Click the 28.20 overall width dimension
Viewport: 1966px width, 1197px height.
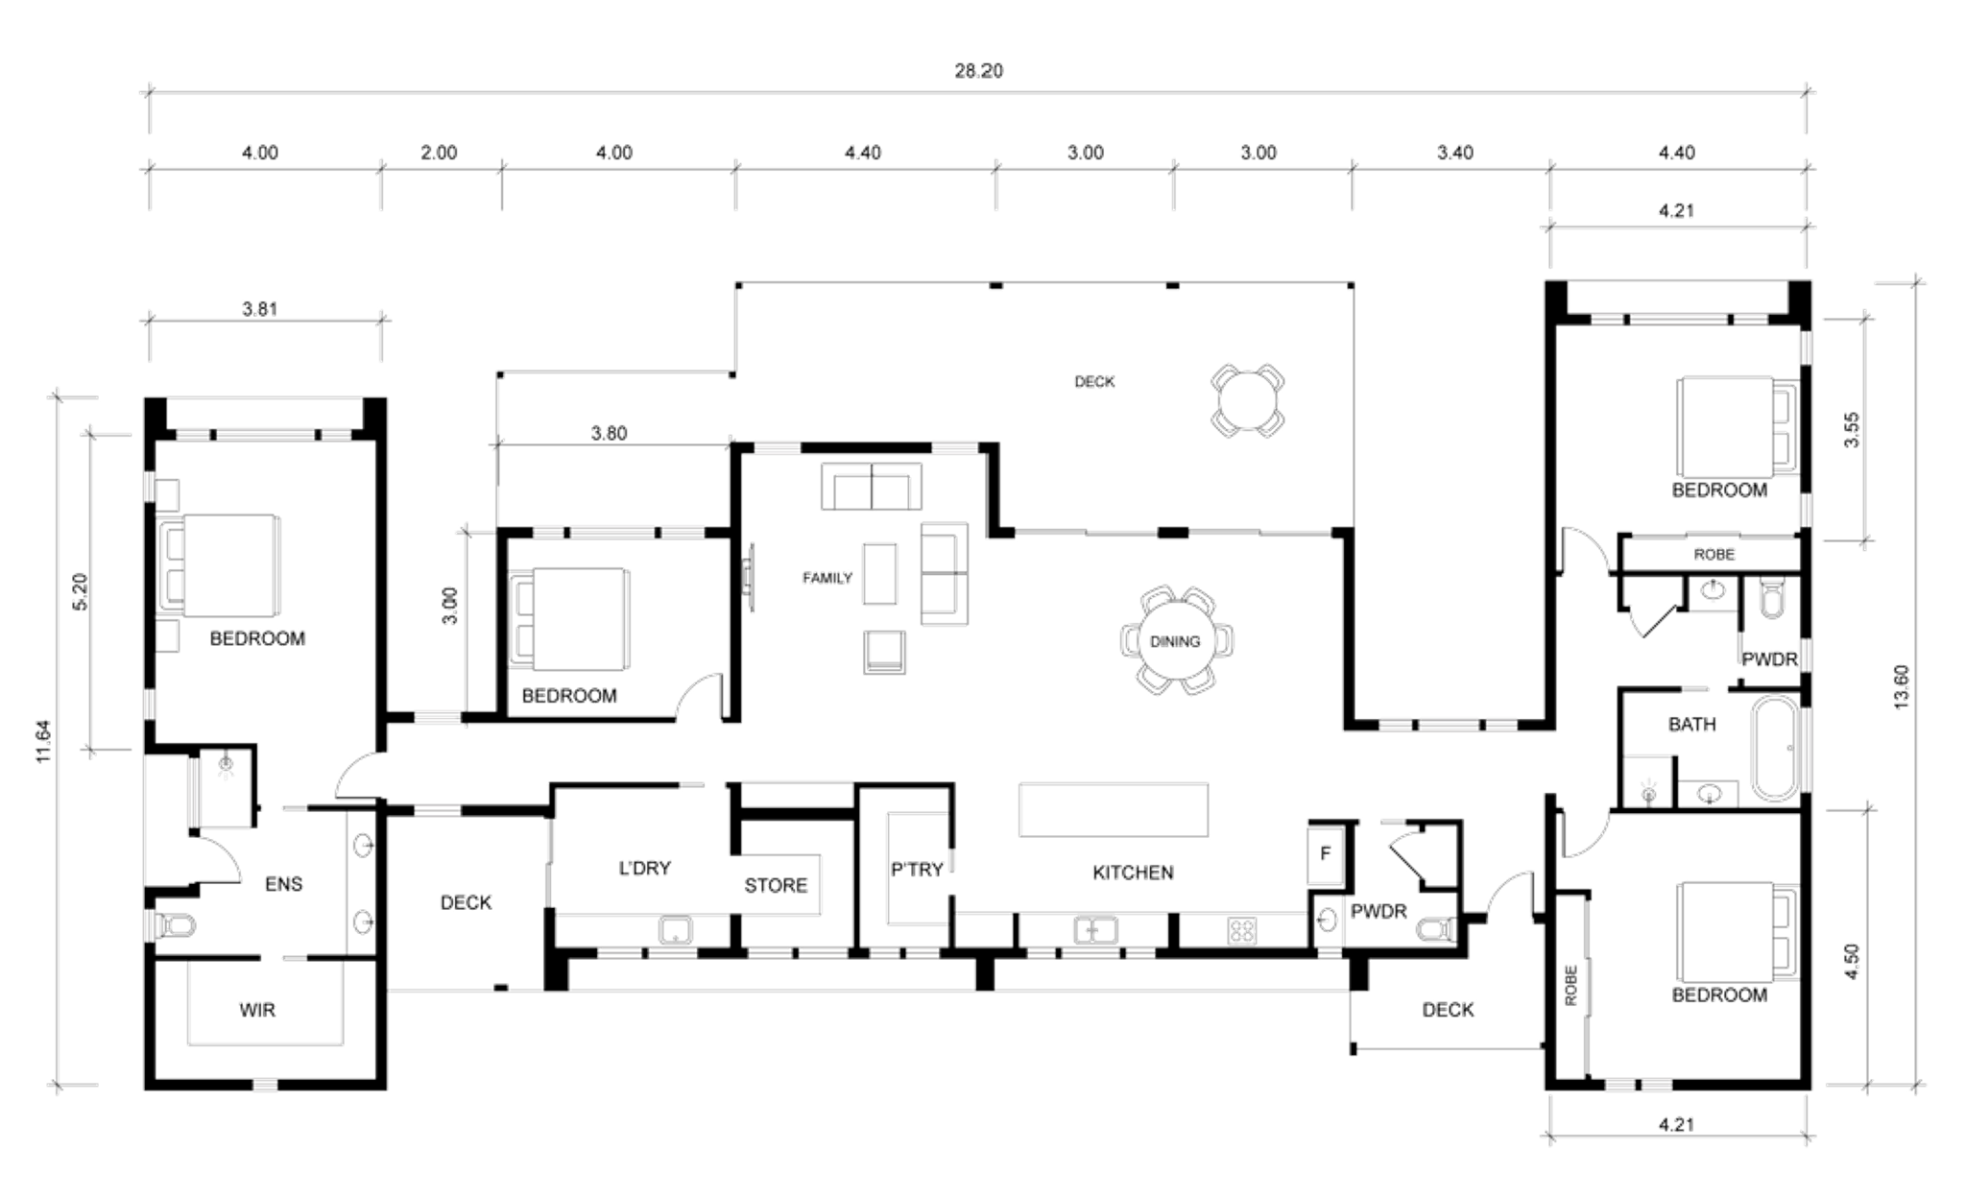click(978, 71)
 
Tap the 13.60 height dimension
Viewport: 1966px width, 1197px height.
click(1902, 687)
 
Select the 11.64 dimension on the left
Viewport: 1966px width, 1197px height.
click(43, 742)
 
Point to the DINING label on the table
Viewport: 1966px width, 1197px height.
click(1175, 641)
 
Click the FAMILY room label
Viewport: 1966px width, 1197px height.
click(827, 578)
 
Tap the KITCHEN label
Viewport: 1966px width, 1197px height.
click(1133, 873)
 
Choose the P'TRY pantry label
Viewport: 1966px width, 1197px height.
click(917, 870)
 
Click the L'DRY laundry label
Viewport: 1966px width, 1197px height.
click(644, 869)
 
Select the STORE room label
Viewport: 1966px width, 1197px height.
click(776, 885)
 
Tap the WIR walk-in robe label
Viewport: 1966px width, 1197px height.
click(257, 1010)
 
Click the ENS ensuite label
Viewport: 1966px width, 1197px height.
click(283, 884)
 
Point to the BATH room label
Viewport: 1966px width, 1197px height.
click(1691, 725)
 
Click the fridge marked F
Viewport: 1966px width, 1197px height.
click(1326, 853)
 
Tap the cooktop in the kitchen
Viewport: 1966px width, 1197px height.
click(1242, 930)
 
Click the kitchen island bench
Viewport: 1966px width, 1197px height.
click(1114, 810)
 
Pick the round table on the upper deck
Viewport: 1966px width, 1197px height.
click(1248, 400)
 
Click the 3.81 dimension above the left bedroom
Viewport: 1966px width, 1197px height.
click(259, 309)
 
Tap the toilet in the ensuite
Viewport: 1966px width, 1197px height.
click(175, 926)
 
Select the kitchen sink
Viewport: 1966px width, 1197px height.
click(1095, 930)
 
